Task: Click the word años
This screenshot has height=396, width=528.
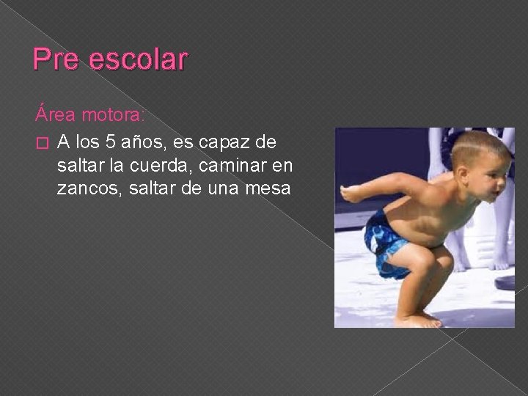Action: pyautogui.click(x=147, y=140)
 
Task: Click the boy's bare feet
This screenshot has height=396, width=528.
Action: pyautogui.click(x=418, y=320)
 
